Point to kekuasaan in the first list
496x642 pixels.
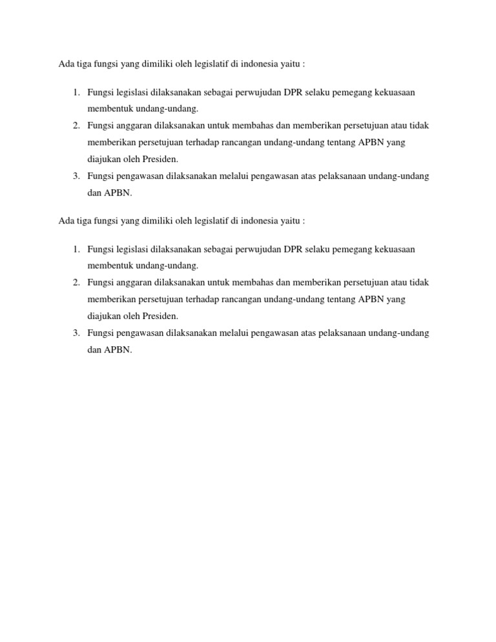click(x=395, y=92)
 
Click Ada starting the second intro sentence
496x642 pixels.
click(x=66, y=221)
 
